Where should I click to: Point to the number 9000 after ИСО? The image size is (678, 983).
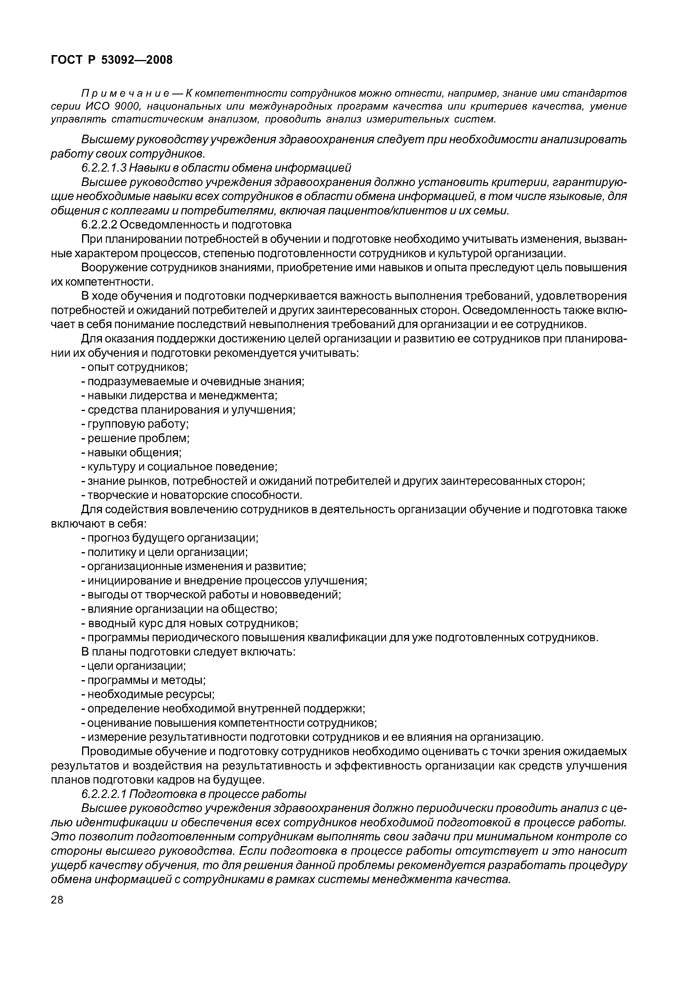click(129, 106)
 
